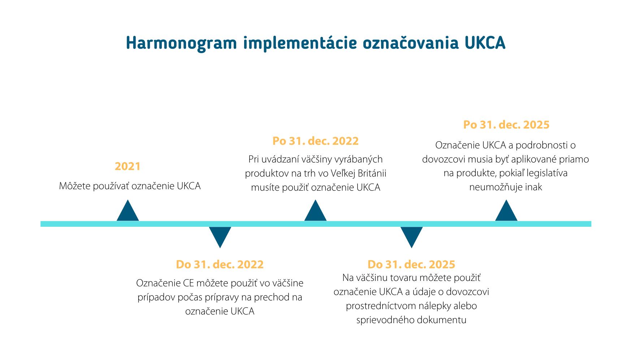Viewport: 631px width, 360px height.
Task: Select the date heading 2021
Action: [128, 166]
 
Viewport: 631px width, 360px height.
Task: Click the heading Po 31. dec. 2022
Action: [316, 141]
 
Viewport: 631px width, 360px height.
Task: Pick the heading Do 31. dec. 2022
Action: [220, 265]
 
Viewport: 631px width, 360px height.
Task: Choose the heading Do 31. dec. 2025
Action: [411, 265]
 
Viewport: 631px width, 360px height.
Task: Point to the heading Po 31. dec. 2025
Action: [506, 125]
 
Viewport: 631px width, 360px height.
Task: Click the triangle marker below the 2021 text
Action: [128, 211]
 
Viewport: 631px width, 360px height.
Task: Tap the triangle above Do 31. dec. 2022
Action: [220, 237]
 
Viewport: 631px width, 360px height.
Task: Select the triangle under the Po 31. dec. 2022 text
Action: [315, 211]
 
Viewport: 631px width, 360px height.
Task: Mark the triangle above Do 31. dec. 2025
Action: [411, 237]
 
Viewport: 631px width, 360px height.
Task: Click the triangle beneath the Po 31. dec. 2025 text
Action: [506, 211]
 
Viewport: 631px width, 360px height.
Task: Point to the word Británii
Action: [372, 173]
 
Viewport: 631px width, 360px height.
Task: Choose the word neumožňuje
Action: [496, 187]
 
